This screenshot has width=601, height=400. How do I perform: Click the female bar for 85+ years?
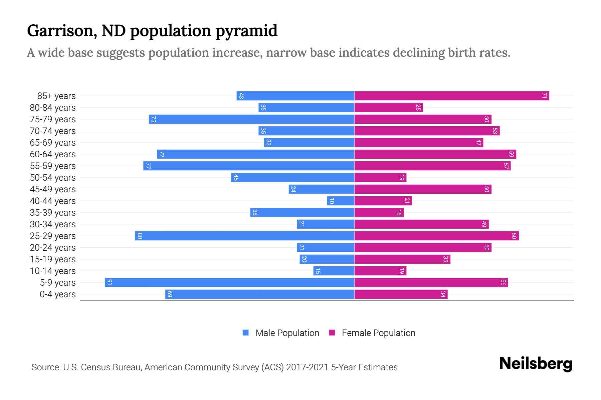click(451, 96)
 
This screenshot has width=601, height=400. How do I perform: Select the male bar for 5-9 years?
click(229, 283)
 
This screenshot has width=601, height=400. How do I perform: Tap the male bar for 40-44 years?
click(341, 201)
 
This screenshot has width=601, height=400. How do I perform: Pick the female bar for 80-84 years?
click(388, 108)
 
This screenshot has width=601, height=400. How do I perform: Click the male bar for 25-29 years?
click(244, 236)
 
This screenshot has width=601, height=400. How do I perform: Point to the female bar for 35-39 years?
click(379, 213)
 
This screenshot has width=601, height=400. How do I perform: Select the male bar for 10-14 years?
click(334, 271)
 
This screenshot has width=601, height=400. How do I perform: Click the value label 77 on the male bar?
click(148, 166)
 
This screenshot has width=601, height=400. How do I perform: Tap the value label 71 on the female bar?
click(544, 96)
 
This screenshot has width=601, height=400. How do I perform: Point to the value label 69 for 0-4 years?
click(170, 294)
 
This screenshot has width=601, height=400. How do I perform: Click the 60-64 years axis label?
click(53, 154)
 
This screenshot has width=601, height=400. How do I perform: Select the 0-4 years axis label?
click(57, 294)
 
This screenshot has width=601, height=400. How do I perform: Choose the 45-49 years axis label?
click(53, 189)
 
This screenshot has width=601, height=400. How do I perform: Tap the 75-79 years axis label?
click(53, 119)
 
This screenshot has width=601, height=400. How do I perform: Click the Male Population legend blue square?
click(246, 333)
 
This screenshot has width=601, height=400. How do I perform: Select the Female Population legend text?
click(378, 333)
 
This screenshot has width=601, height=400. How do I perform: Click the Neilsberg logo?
click(536, 364)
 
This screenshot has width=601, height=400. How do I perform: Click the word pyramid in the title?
click(246, 31)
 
